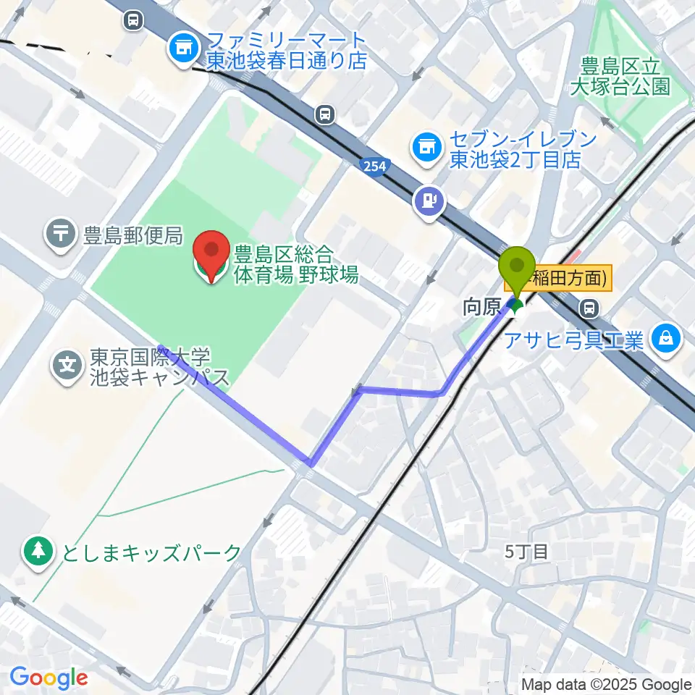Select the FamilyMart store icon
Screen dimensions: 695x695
(x=181, y=49)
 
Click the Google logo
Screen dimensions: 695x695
(x=48, y=678)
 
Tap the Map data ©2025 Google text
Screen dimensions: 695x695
(x=607, y=684)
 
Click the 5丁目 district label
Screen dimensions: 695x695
(x=526, y=552)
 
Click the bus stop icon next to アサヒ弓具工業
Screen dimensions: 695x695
(x=591, y=308)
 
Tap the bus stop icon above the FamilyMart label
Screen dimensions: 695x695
(x=133, y=20)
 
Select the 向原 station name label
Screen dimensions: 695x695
(x=481, y=308)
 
